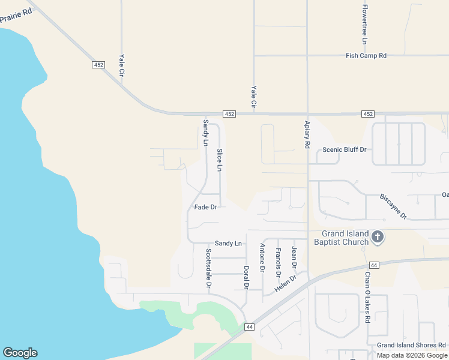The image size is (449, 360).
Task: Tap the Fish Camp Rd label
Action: pos(366,56)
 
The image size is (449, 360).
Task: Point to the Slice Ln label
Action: pos(220,160)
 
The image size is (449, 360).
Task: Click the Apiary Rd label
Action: pos(307,133)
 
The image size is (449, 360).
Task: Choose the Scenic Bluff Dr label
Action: pos(345,149)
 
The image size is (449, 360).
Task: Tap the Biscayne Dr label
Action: pos(394,206)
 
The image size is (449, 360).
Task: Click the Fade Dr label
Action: pos(205,207)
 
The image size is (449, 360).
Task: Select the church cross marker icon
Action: pos(378,237)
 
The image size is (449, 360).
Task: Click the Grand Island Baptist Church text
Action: pos(341,238)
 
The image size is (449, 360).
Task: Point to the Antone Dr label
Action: pos(262,258)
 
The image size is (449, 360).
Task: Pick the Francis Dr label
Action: pos(278,262)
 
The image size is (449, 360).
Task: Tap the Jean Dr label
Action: pos(294,257)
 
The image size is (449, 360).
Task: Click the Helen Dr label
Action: pos(286,284)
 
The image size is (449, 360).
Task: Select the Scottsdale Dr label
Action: pos(208,268)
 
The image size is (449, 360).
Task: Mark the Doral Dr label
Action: pos(246,277)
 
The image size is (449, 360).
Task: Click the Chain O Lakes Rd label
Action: pos(367,296)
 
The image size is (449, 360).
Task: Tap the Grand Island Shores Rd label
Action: pos(411,346)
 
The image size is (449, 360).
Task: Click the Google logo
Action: pos(20,353)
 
